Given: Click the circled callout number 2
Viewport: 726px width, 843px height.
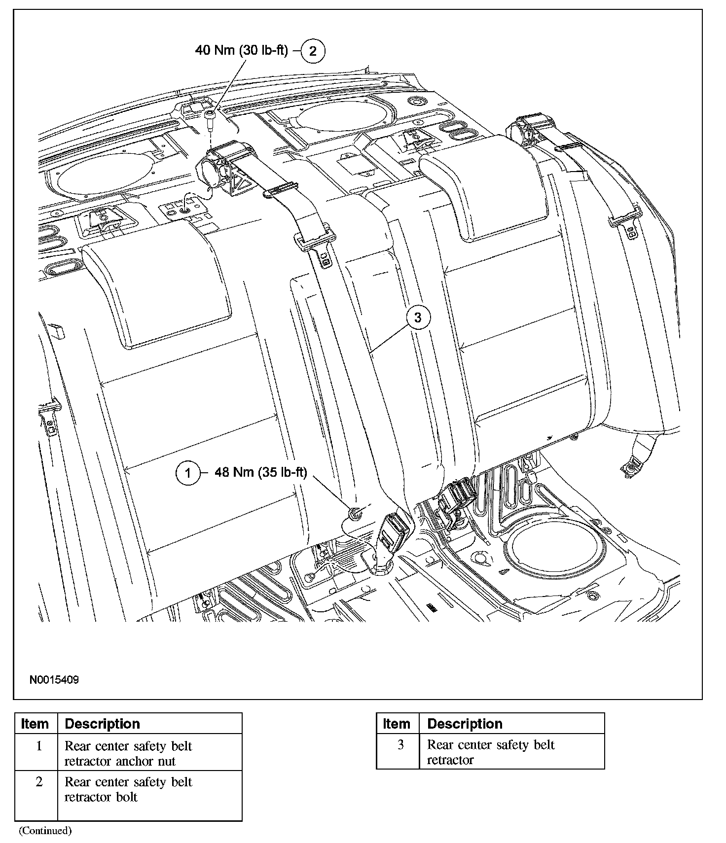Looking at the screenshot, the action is (x=313, y=50).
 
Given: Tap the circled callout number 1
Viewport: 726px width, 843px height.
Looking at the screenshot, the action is (x=188, y=473).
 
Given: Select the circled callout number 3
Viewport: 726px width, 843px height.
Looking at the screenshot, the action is (x=418, y=317).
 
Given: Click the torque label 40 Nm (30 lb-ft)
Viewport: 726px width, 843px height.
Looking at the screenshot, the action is (x=241, y=50).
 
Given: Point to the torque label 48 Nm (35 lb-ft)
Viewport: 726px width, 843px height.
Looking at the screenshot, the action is (x=261, y=472).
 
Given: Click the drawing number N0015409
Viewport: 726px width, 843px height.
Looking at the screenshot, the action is (x=54, y=680).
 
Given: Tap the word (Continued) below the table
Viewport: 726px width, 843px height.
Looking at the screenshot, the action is (x=45, y=831).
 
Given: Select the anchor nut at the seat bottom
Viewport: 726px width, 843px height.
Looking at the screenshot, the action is (x=355, y=514).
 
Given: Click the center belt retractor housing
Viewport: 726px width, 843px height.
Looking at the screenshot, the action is (x=217, y=168).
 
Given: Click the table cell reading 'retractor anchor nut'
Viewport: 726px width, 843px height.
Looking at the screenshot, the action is (x=120, y=761).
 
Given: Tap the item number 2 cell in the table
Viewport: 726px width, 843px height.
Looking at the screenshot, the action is (x=39, y=782).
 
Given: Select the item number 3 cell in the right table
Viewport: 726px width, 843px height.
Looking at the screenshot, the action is (x=400, y=745).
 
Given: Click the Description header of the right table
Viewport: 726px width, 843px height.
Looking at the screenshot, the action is (x=465, y=724).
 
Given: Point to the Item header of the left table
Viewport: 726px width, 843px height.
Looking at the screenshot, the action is (x=35, y=724).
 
